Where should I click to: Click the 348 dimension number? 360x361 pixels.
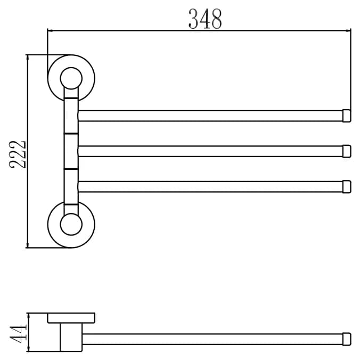pyautogui.click(x=205, y=19)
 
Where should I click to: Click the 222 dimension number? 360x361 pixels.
pyautogui.click(x=18, y=154)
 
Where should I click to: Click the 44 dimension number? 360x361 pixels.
pyautogui.click(x=18, y=334)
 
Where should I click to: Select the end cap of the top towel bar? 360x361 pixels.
pyautogui.click(x=347, y=116)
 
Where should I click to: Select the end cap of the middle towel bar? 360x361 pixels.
pyautogui.click(x=347, y=151)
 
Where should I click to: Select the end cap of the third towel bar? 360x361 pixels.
pyautogui.click(x=347, y=187)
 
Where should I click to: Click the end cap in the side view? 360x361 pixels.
pyautogui.click(x=347, y=339)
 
